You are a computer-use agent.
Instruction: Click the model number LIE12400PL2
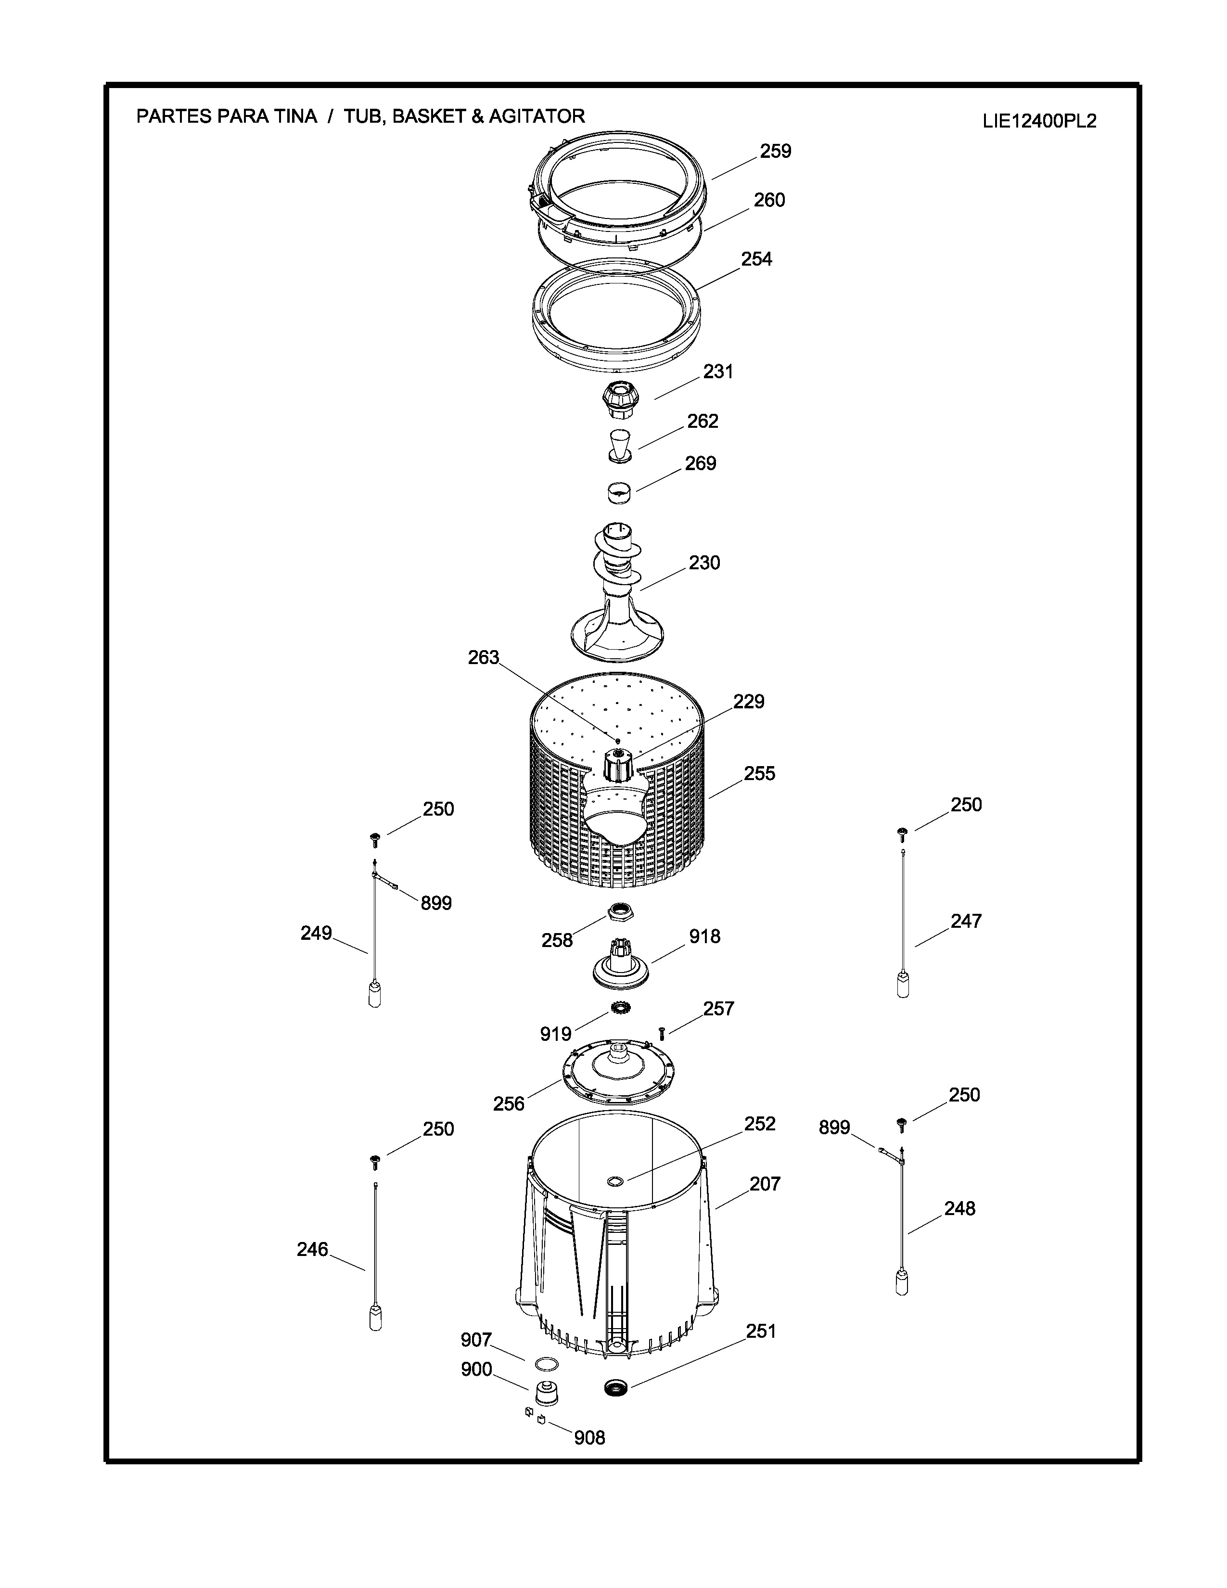(x=1039, y=121)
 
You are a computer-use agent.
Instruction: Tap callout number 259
(x=776, y=151)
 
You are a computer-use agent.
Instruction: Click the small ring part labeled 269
(x=619, y=491)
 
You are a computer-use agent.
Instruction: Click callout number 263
(x=484, y=657)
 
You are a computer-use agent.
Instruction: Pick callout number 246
(x=313, y=1250)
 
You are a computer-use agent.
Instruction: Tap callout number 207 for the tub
(x=765, y=1184)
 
